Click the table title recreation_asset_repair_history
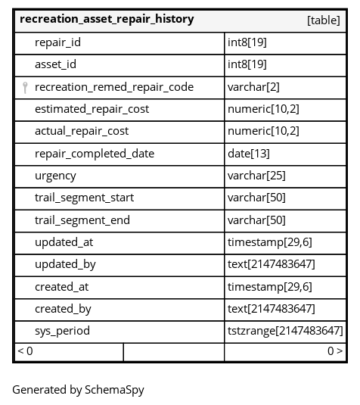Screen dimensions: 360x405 coord(107,20)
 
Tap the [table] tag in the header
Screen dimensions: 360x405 coord(324,20)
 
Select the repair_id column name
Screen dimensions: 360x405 coord(57,42)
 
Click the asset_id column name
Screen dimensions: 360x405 coord(55,64)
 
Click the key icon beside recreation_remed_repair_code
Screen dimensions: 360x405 coord(25,88)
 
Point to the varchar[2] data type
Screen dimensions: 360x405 coord(253,87)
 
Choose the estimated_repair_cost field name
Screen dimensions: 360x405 coord(92,109)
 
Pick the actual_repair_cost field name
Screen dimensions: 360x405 coord(82,131)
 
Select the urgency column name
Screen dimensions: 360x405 coord(55,176)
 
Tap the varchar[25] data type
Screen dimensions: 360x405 coord(256,176)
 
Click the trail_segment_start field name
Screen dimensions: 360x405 coord(85,198)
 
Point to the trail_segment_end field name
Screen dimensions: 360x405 coord(82,220)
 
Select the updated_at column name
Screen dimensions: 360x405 coord(64,242)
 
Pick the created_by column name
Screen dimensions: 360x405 coord(63,309)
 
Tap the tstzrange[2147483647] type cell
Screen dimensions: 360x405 coord(285,331)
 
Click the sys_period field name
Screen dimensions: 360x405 coord(63,331)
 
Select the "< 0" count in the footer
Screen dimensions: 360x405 coord(25,351)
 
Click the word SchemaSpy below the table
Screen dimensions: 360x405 coord(114,390)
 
